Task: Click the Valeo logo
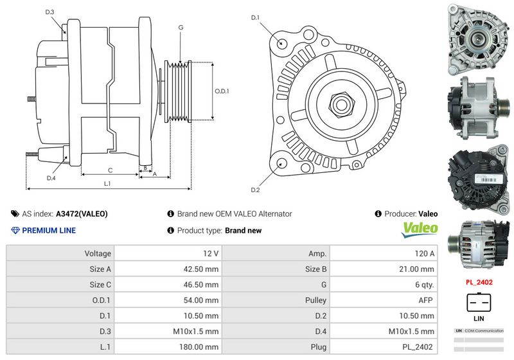420,229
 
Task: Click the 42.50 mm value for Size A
203,269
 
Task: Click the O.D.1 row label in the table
100,300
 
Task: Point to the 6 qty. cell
423,285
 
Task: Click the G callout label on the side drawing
181,28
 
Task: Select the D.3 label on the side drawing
50,12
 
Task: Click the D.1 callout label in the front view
255,17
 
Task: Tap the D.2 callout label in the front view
255,190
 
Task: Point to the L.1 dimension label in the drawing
107,184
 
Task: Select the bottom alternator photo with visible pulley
477,246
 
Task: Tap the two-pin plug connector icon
478,303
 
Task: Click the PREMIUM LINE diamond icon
15,230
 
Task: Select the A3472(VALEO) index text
82,214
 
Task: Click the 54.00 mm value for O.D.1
203,300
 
